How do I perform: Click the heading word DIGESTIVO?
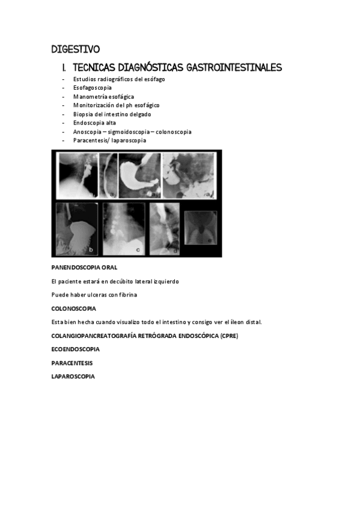click(76, 49)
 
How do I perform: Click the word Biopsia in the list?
click(83, 114)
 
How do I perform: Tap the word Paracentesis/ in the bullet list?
click(92, 140)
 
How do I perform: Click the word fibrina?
click(126, 295)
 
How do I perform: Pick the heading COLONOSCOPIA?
click(73, 309)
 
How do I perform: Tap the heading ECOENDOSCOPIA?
click(76, 349)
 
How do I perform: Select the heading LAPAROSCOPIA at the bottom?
click(73, 376)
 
